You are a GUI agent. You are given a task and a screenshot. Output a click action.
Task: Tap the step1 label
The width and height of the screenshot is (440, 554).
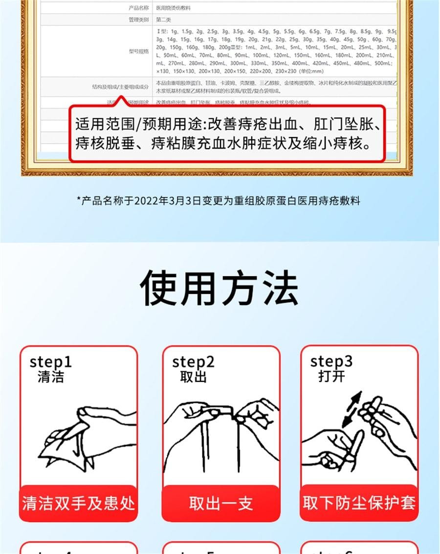pos(50,362)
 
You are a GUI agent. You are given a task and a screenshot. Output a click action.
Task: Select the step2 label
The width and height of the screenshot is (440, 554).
pos(193,362)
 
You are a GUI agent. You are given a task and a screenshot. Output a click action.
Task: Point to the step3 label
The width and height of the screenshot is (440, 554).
pos(331,362)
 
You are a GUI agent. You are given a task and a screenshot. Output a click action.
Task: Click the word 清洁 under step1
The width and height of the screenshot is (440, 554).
pos(50,377)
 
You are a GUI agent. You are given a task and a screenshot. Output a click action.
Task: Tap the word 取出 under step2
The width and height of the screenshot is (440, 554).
pos(193,377)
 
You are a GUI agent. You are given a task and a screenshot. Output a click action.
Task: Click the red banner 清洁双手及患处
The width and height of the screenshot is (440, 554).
pos(78,503)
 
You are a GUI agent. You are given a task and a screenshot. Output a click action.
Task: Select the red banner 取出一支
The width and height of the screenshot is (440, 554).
pos(221,503)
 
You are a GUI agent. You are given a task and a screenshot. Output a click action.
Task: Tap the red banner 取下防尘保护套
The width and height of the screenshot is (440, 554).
pos(359,503)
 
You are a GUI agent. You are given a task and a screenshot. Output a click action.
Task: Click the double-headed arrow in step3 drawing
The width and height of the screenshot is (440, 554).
pos(351,409)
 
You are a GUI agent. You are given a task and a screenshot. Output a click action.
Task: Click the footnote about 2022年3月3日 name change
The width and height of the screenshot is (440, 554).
pos(219,200)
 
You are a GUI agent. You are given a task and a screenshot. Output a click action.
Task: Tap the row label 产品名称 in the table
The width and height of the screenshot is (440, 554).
pos(138,8)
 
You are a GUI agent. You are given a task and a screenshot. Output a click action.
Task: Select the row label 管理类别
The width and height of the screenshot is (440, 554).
pos(138,20)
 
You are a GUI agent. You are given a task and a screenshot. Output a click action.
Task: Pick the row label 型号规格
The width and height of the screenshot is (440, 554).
pos(138,51)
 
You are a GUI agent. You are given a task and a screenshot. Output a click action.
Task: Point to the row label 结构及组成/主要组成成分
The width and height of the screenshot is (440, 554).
pos(120,87)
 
